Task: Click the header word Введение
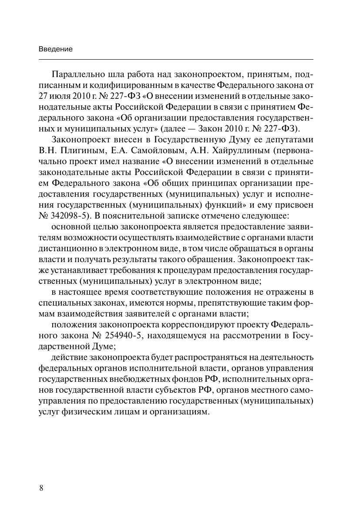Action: pyautogui.click(x=55, y=49)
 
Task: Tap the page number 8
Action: pyautogui.click(x=41, y=488)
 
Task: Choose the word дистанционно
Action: pyautogui.click(x=64, y=249)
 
